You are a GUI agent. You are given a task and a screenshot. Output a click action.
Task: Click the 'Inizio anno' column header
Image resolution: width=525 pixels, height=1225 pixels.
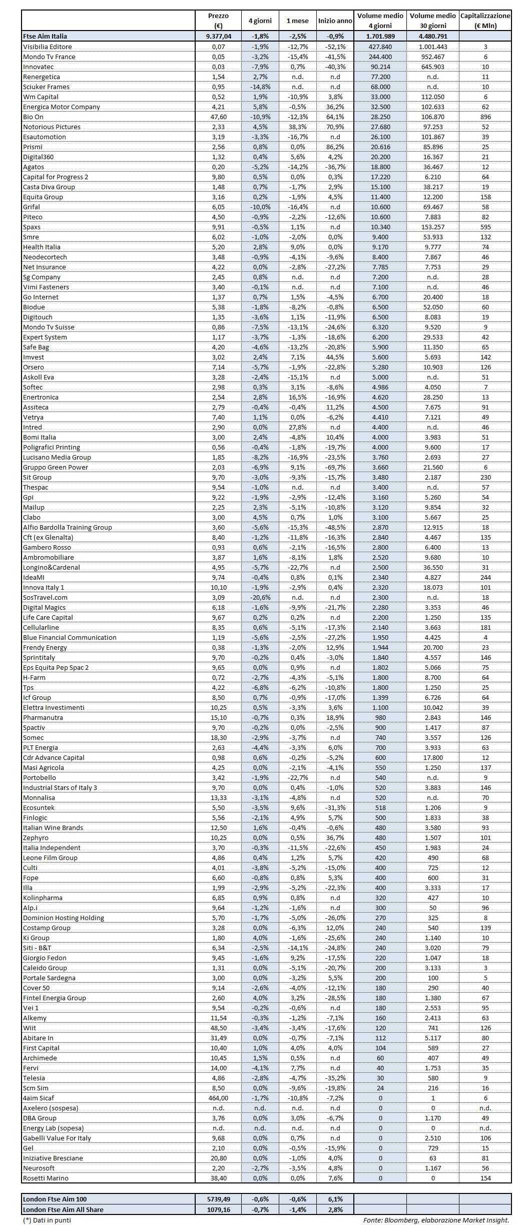tap(335, 21)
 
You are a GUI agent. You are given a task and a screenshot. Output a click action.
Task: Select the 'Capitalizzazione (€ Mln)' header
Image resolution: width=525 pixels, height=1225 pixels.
tap(485, 21)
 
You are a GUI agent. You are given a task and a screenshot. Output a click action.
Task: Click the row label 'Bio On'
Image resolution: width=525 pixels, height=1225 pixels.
tap(34, 117)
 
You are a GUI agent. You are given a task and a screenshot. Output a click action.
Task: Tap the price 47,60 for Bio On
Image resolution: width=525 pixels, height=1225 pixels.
tap(218, 117)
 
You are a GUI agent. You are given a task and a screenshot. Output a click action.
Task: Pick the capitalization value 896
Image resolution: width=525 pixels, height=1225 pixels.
tap(485, 117)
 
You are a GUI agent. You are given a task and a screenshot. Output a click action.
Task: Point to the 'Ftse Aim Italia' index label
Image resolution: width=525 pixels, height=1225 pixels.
tap(45, 36)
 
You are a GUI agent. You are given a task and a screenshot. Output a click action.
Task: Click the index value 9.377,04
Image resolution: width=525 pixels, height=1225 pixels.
tap(218, 36)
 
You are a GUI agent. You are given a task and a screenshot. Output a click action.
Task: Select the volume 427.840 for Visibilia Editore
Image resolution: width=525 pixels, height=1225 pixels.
tap(380, 47)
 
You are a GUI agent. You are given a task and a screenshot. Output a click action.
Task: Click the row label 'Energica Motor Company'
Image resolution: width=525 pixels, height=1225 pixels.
tap(62, 107)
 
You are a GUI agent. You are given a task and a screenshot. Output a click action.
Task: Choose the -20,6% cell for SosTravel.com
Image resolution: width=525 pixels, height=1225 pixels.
tap(260, 597)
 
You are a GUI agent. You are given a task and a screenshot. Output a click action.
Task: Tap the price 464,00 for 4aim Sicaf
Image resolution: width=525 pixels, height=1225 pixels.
tap(218, 1098)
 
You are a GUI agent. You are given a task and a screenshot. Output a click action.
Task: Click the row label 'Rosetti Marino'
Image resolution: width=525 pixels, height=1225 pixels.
tap(46, 1178)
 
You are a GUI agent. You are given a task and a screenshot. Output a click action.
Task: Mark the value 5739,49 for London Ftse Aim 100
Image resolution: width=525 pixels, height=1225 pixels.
tap(218, 1199)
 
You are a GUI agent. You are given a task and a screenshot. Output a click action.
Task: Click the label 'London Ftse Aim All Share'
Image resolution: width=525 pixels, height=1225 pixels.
tap(63, 1209)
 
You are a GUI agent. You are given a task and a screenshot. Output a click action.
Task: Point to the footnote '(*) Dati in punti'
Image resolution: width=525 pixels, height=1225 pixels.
tap(47, 1220)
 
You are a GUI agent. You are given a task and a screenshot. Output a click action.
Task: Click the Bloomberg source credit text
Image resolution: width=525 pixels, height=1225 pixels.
tap(436, 1220)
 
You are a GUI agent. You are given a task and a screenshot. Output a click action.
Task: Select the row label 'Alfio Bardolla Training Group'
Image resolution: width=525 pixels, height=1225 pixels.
tap(68, 527)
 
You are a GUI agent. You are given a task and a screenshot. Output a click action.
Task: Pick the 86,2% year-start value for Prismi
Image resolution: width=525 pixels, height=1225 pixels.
tap(335, 147)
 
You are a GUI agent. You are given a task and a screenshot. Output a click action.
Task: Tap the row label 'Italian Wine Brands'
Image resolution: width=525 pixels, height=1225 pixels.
tap(53, 828)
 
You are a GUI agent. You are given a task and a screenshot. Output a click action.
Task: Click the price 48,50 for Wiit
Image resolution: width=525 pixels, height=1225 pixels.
tap(218, 1028)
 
